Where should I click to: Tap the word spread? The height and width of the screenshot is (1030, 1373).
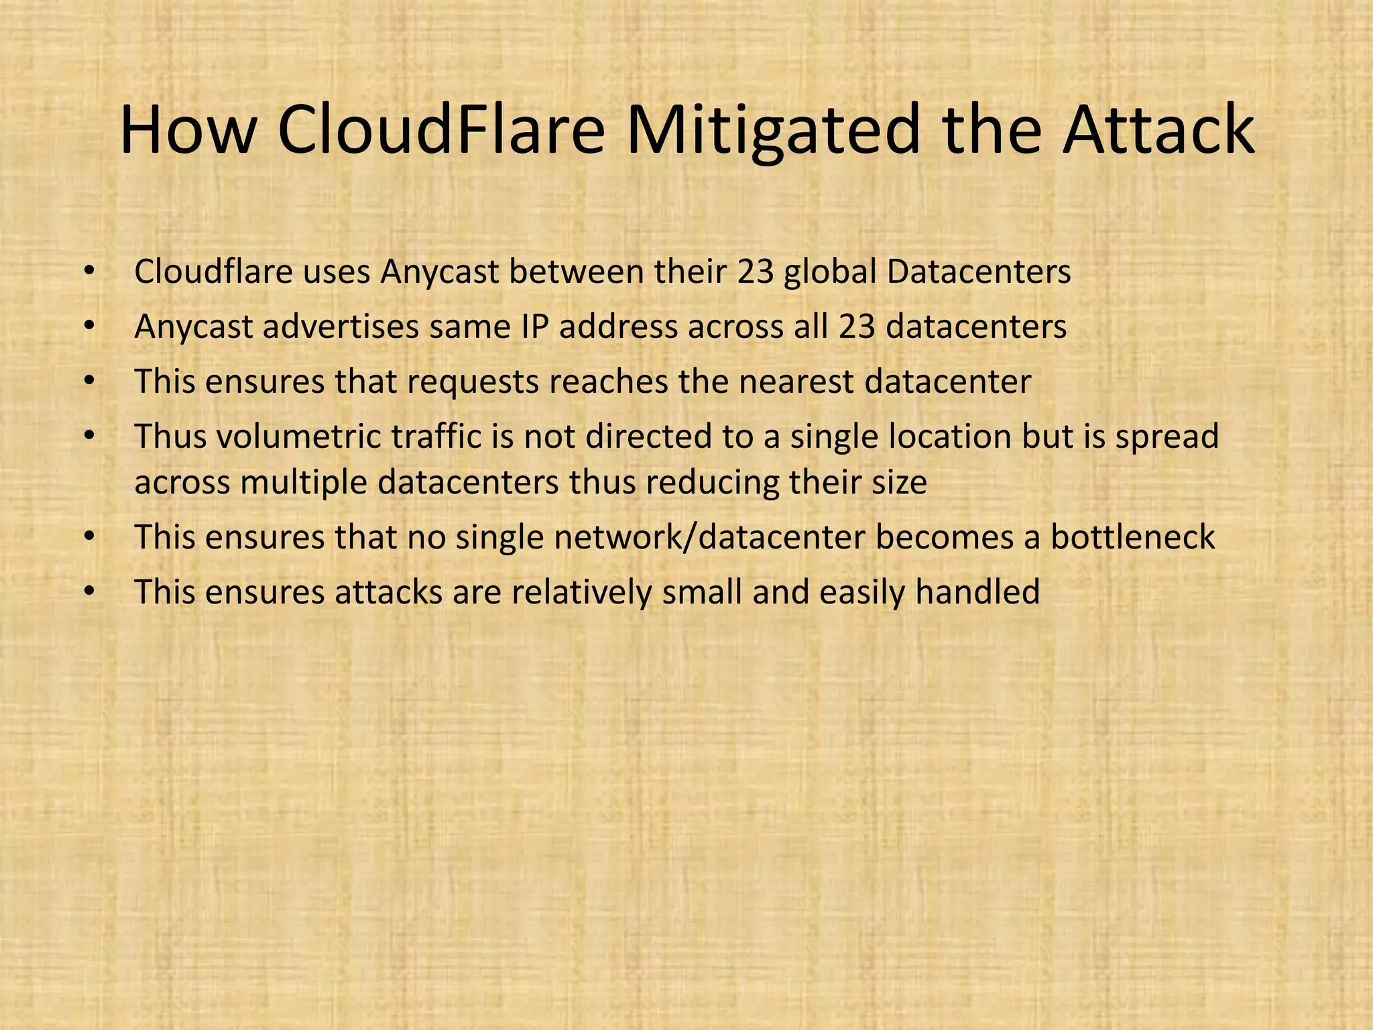tap(1167, 438)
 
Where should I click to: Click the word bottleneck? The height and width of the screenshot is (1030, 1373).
tap(1132, 537)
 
